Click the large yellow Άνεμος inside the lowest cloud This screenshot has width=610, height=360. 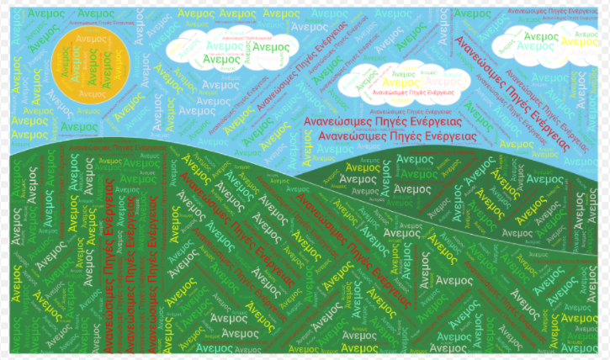(x=401, y=82)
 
